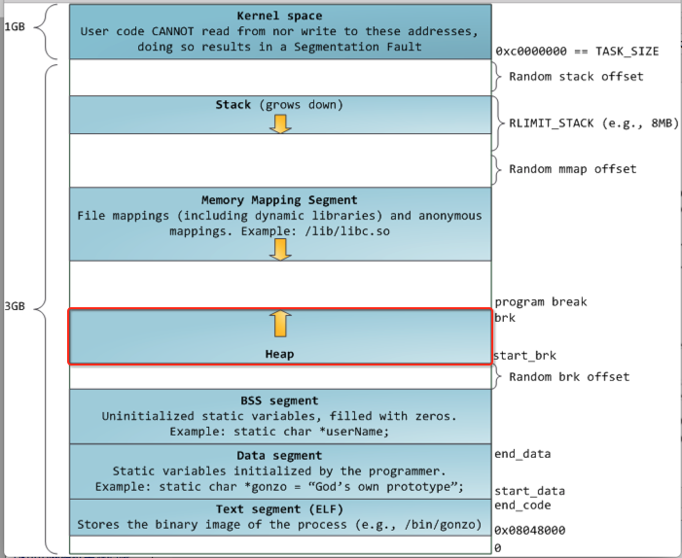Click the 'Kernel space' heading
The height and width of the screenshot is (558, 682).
coord(279,17)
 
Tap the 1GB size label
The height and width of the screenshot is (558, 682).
coord(17,26)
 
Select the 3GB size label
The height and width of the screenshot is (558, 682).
coord(17,307)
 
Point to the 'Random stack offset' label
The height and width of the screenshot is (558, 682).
coord(576,77)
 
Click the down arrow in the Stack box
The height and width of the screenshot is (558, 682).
coord(280,122)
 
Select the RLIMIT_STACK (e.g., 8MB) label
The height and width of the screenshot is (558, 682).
coord(593,123)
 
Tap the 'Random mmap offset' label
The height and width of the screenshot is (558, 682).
coord(572,168)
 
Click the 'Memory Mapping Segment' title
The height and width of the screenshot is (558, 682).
coord(279,200)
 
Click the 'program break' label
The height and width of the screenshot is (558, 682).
coord(540,301)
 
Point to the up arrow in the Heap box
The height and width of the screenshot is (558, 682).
coord(280,325)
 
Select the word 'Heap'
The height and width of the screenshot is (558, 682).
coord(279,355)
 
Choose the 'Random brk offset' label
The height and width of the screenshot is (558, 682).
coord(569,376)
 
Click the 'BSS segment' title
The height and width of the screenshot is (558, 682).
coord(279,401)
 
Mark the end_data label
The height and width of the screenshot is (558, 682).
coord(521,453)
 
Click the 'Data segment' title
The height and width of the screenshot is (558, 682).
coord(279,455)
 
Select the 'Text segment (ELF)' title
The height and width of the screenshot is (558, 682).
coord(279,509)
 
